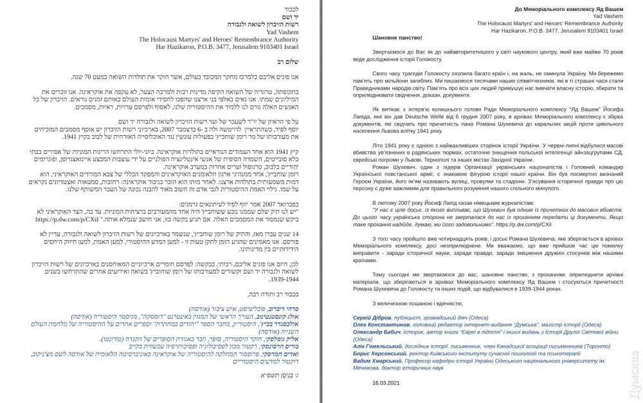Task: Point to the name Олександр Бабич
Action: coord(377,332)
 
